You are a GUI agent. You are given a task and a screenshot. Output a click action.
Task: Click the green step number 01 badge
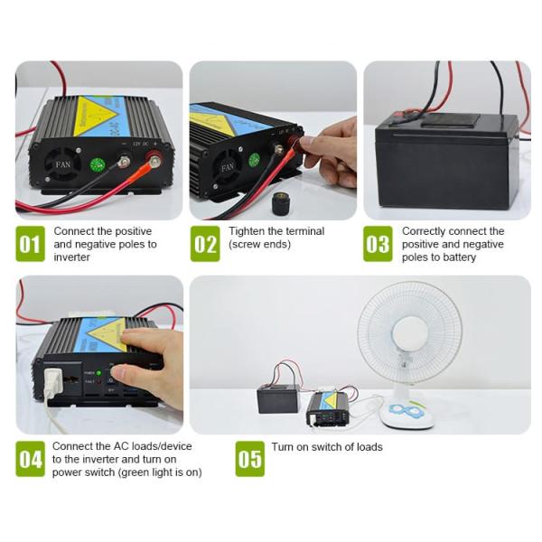30,244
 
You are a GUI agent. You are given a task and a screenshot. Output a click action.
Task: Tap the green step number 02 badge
205,244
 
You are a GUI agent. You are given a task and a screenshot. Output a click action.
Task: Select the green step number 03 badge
378,244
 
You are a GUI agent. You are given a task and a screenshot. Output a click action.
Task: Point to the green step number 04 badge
30,458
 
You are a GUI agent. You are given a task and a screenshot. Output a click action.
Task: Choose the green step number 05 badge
249,458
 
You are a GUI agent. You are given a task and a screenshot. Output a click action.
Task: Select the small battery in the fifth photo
278,397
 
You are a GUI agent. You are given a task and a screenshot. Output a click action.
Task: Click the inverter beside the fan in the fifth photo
326,407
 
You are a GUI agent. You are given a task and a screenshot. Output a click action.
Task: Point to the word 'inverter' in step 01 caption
72,257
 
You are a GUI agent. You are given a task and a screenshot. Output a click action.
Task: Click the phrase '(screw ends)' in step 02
258,245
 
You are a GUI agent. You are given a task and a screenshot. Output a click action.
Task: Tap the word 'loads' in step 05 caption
367,447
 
